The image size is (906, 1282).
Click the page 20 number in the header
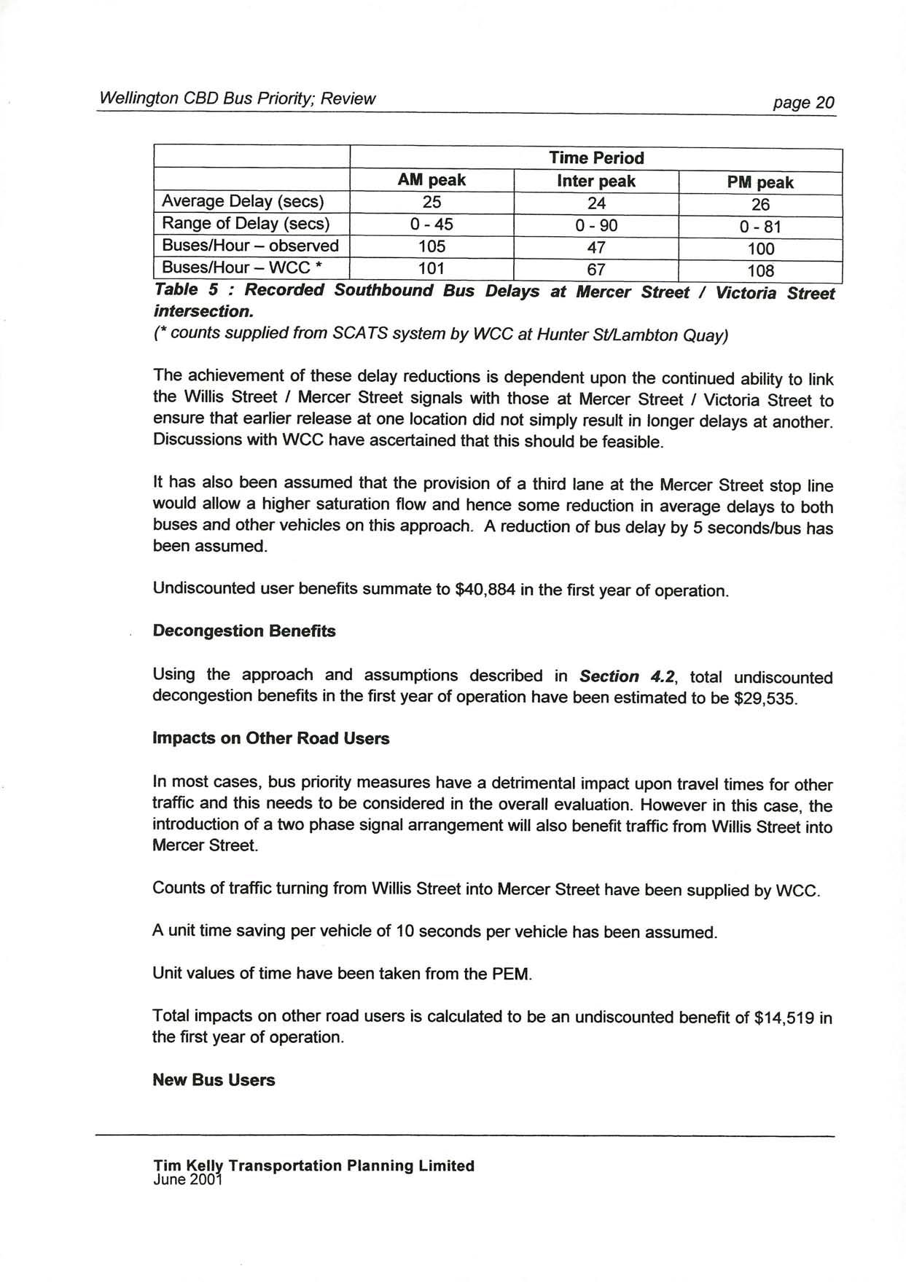tap(804, 103)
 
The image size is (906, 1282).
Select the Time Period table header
tap(596, 158)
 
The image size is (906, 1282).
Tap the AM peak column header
tap(431, 180)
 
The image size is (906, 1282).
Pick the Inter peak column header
tap(596, 181)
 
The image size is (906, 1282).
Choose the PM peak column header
tap(760, 183)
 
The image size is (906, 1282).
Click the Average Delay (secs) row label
tap(243, 201)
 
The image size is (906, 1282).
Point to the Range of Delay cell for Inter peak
tap(596, 226)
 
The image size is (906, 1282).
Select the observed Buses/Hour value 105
tap(431, 246)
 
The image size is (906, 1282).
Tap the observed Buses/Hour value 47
tap(596, 248)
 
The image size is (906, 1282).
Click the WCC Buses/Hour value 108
tap(760, 271)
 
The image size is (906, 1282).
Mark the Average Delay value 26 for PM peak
tap(760, 205)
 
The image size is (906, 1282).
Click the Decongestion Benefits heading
tap(244, 631)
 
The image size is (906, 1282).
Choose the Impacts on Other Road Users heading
tap(271, 738)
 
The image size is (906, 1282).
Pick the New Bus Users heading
tap(214, 1080)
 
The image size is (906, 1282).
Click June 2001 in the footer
tap(187, 1179)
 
